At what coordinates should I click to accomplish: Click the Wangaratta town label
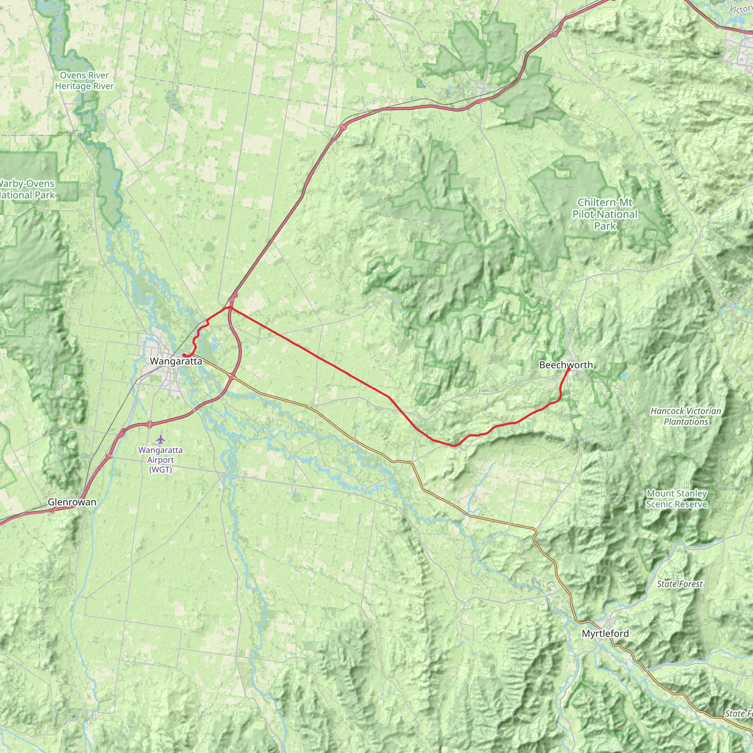point(176,361)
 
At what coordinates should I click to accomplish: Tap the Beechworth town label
point(565,365)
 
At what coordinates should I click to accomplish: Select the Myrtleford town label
point(605,634)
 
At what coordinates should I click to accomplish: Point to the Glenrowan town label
point(72,502)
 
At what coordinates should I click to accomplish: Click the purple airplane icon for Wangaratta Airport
point(160,440)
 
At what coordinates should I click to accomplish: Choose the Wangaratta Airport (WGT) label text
point(160,460)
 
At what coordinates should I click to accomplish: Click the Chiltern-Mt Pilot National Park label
point(604,214)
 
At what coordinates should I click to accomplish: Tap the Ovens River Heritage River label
point(84,81)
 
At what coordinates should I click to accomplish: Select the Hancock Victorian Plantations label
point(686,416)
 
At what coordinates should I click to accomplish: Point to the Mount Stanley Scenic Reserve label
point(677,499)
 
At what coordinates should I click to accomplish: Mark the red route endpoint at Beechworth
point(569,369)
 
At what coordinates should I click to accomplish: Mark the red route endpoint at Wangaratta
point(183,355)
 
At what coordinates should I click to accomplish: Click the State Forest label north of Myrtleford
point(680,584)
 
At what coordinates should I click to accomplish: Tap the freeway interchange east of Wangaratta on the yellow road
point(232,377)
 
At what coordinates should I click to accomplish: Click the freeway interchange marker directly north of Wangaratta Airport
point(150,424)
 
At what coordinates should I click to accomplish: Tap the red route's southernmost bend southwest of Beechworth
point(454,445)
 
